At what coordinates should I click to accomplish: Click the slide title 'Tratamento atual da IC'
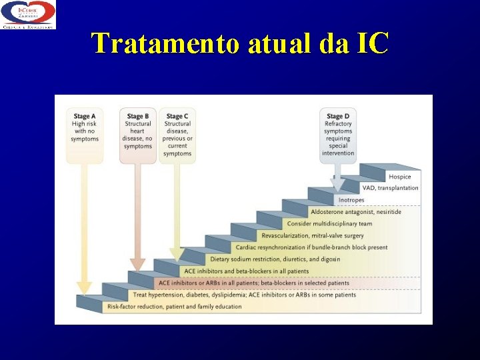[x=240, y=44]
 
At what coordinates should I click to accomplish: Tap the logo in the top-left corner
[x=28, y=15]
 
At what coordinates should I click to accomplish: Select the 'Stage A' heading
[x=85, y=117]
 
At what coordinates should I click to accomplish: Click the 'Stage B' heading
[x=137, y=117]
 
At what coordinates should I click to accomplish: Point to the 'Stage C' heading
[x=177, y=117]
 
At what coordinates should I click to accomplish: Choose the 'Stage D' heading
[x=337, y=117]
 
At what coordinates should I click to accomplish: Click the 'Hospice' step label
[x=400, y=177]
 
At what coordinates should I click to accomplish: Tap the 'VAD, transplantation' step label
[x=390, y=188]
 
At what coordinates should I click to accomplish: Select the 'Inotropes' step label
[x=351, y=200]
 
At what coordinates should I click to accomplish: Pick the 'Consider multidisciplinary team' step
[x=329, y=223]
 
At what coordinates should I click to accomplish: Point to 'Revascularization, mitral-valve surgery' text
[x=313, y=235]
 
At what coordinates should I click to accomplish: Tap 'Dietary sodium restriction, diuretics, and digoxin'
[x=275, y=259]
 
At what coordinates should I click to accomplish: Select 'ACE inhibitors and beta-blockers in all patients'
[x=247, y=271]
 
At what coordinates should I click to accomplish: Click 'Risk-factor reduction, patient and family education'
[x=174, y=307]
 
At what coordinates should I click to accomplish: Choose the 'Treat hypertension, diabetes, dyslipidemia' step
[x=244, y=295]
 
